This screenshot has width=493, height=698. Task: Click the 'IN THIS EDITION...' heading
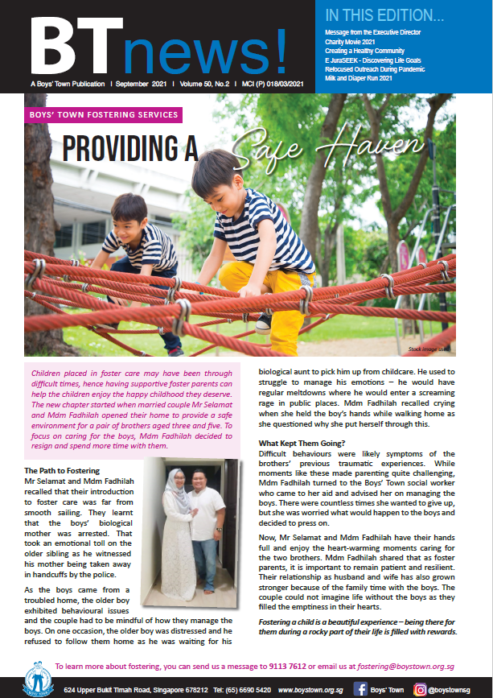(x=384, y=15)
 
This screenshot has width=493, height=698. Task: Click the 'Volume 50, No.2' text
(x=204, y=84)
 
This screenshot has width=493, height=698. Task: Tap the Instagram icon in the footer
(x=420, y=689)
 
